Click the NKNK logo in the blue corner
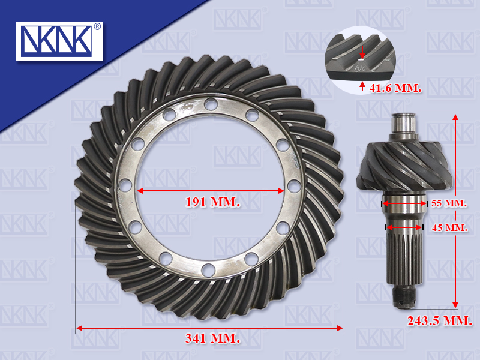tap(59, 41)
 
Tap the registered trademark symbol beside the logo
tap(97, 26)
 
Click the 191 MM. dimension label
tap(213, 202)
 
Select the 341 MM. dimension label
tap(212, 338)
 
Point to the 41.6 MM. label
tap(395, 88)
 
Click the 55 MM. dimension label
tap(449, 203)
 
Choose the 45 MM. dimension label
tap(449, 228)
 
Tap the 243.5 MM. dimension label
tap(440, 321)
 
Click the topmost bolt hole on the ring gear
tap(211, 104)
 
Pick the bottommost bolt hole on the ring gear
tap(208, 271)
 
